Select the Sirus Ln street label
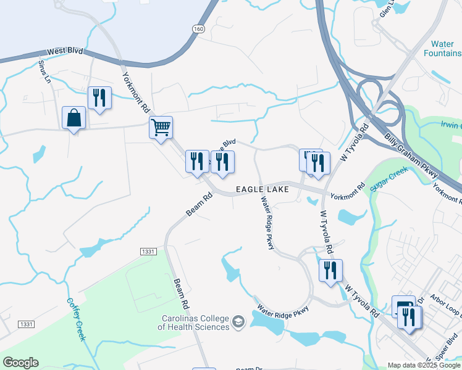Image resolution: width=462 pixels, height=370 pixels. [x=44, y=72]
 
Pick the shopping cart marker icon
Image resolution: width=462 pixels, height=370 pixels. [x=161, y=128]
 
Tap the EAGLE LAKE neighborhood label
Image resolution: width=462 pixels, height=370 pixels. [x=254, y=189]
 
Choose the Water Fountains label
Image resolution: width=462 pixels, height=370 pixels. [x=442, y=49]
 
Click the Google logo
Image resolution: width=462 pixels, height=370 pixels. [x=20, y=363]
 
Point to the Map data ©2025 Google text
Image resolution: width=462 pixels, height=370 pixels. [x=423, y=365]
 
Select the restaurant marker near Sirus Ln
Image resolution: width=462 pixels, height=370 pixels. [x=99, y=97]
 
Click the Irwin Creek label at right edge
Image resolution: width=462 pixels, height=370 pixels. [x=451, y=125]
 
